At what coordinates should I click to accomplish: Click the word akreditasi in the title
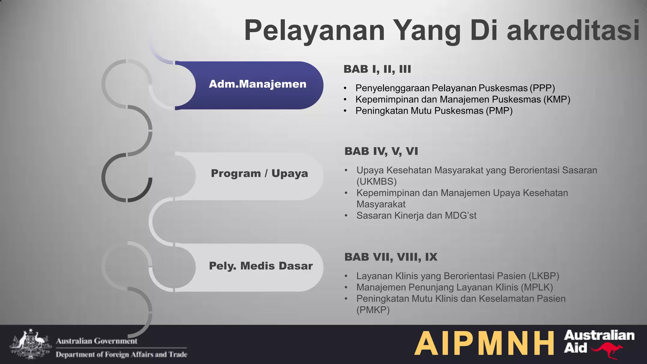click(573, 30)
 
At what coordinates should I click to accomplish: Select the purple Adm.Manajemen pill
click(257, 84)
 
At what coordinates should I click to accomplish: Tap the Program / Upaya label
click(259, 173)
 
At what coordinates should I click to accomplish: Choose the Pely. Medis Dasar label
click(261, 266)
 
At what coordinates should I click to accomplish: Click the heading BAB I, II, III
click(377, 69)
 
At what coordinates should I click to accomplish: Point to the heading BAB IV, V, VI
click(381, 151)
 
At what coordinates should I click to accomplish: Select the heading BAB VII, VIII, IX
click(391, 257)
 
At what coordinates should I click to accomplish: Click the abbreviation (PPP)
click(542, 88)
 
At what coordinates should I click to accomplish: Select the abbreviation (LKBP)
click(544, 276)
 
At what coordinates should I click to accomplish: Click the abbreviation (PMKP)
click(373, 310)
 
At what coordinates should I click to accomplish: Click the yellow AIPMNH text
click(484, 344)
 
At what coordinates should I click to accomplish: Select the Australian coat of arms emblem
click(30, 345)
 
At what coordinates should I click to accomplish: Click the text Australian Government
click(97, 341)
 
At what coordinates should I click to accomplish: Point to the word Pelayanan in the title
click(314, 30)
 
